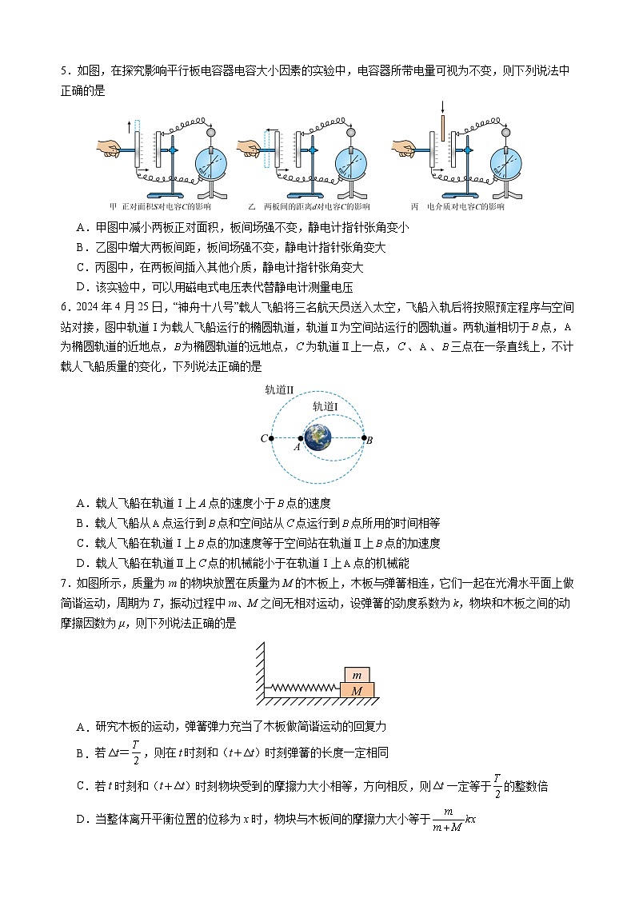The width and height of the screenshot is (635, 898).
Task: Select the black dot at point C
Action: pos(272,438)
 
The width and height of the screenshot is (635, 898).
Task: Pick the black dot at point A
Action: pos(301,438)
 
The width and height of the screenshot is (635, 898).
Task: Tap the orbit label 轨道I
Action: pos(325,406)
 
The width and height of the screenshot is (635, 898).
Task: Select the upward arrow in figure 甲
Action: pos(129,126)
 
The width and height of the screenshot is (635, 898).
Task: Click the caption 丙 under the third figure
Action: pos(415,207)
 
